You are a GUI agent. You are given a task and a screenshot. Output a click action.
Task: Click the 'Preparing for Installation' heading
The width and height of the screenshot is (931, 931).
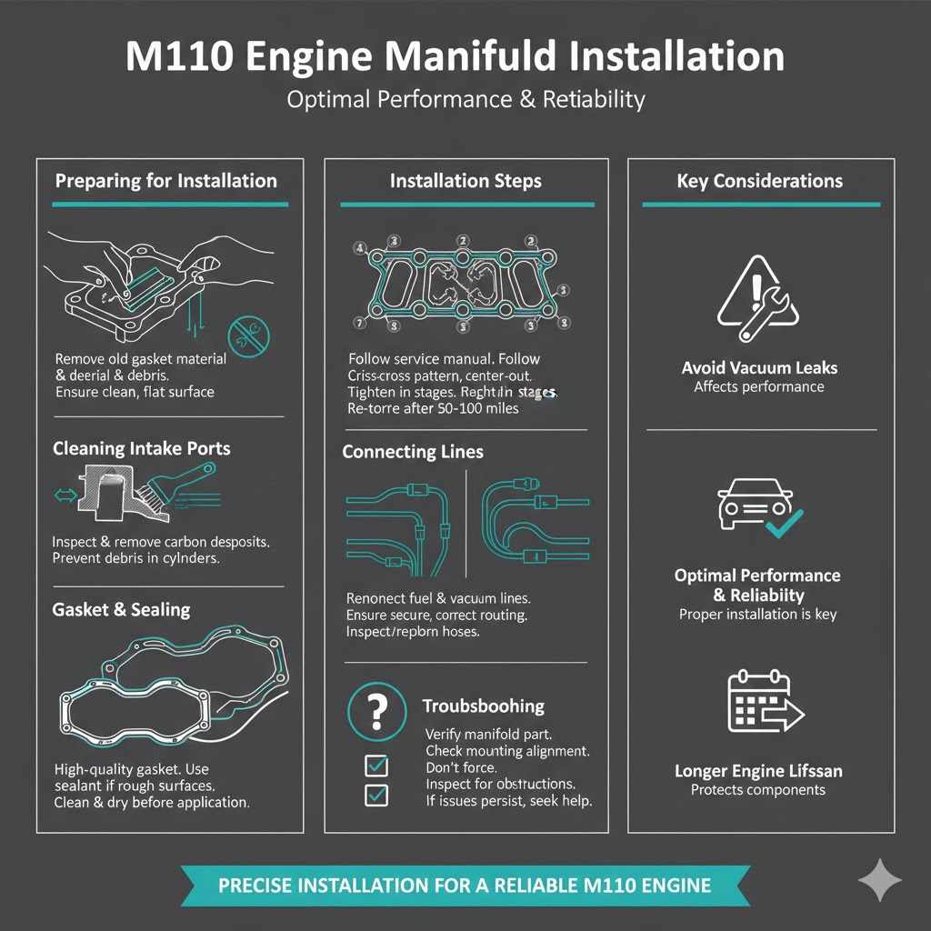165,180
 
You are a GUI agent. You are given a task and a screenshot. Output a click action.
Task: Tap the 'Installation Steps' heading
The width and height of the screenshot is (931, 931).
465,181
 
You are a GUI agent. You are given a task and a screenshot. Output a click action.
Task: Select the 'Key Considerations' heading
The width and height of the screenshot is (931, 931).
759,181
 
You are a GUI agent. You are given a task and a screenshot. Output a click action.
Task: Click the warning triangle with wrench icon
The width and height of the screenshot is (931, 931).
758,294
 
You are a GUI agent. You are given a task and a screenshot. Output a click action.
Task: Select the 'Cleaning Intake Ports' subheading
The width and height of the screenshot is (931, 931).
141,448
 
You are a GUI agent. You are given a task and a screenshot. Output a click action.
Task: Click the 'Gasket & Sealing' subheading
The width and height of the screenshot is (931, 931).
121,609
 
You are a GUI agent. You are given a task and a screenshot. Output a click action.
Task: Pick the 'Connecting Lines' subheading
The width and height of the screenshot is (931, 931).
413,452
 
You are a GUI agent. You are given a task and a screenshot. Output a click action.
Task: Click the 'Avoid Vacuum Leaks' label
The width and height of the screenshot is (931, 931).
759,368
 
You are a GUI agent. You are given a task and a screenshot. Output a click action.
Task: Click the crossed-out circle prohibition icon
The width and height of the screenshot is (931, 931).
252,335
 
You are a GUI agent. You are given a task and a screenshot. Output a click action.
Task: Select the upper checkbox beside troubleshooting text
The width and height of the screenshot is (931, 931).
375,766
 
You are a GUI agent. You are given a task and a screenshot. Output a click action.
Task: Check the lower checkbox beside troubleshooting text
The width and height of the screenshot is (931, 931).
375,796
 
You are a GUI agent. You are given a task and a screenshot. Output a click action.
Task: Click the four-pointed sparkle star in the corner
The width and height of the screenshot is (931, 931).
879,880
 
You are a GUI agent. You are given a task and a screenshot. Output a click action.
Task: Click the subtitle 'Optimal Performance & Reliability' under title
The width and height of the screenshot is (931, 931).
465,98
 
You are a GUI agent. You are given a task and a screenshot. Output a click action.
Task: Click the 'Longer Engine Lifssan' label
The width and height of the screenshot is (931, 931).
758,771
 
